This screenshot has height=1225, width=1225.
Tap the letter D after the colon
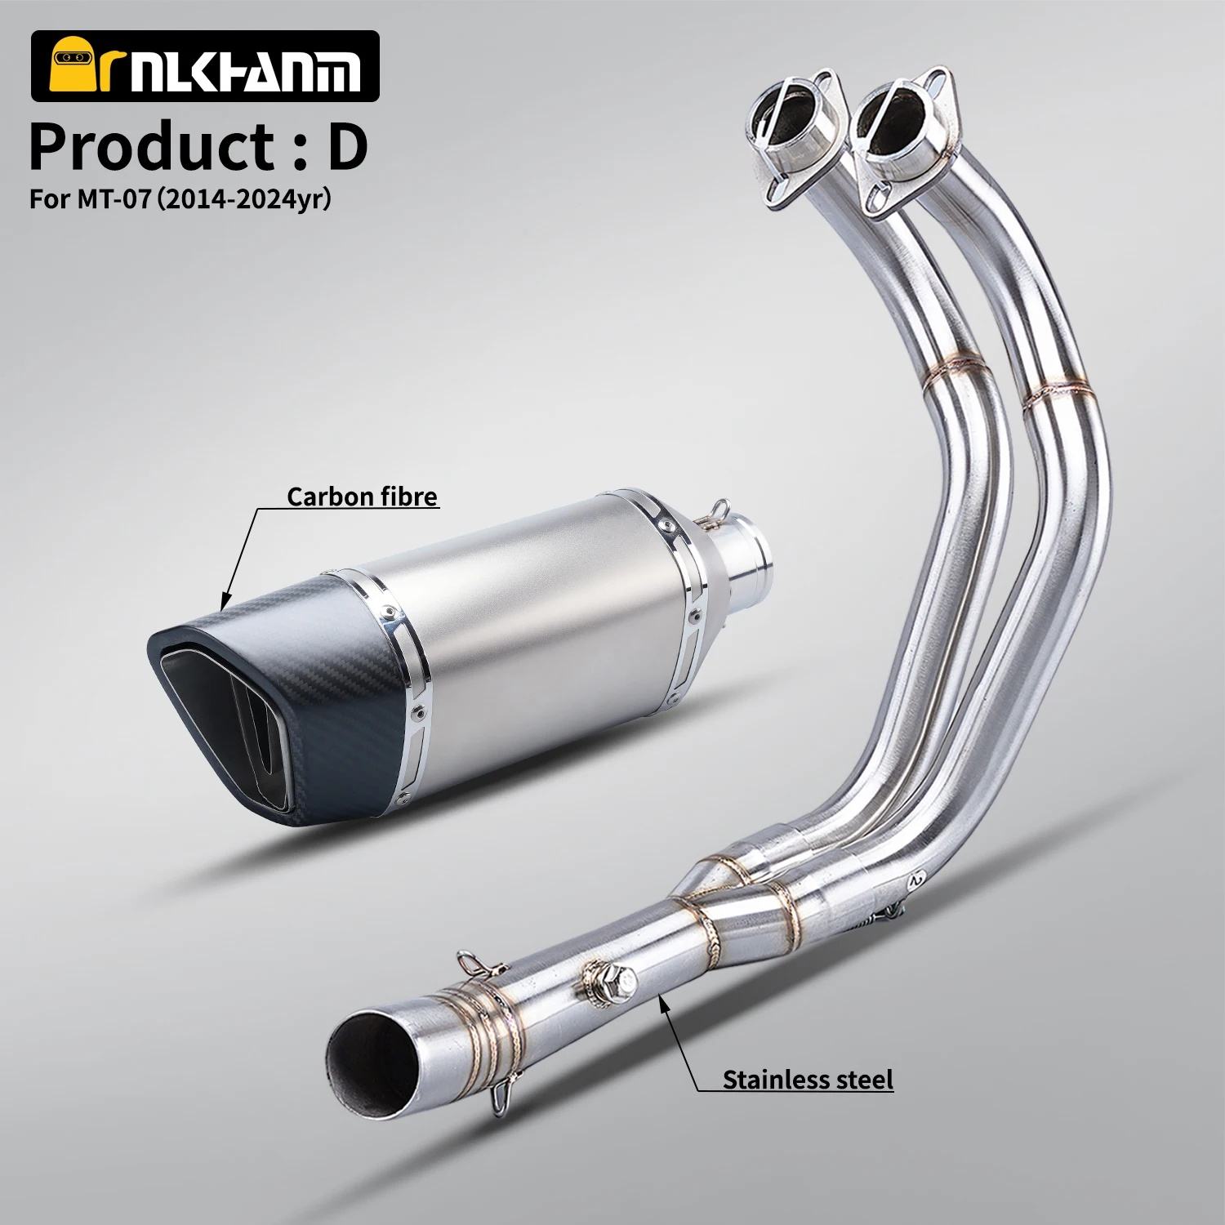(342, 146)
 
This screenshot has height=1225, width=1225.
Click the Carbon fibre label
(362, 496)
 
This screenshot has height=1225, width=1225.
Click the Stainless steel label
(807, 1080)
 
